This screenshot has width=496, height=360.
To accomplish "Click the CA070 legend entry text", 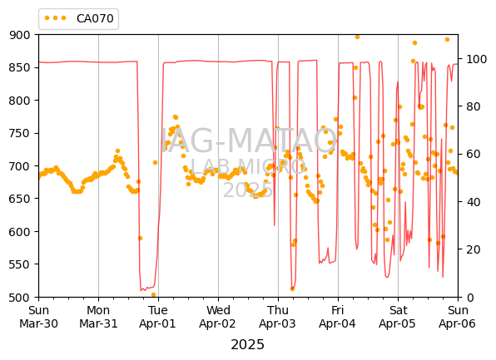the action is [95, 18].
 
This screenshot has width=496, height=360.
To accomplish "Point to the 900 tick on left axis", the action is [20, 35].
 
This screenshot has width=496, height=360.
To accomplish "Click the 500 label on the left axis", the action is [20, 298].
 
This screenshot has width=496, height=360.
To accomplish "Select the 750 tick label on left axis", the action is [20, 133].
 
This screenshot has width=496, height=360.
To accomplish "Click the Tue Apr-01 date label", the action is [157, 317].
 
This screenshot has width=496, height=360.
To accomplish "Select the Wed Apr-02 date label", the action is [218, 317].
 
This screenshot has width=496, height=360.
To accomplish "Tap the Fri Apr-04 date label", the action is [338, 317].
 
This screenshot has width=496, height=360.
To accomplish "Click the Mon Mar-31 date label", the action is [98, 317].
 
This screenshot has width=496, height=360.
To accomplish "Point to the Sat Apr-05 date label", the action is [398, 317].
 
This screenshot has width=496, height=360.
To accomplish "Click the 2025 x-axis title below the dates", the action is [247, 345].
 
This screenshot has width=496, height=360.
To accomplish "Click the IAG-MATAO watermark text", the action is [249, 141].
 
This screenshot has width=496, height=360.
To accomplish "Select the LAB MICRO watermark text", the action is [248, 166].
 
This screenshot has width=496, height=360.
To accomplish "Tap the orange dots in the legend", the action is [56, 18].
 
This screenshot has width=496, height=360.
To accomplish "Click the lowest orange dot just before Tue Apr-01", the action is [153, 294].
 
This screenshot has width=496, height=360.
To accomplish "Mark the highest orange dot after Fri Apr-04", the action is [358, 37].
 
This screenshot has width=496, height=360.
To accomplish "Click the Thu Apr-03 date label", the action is [277, 317].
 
